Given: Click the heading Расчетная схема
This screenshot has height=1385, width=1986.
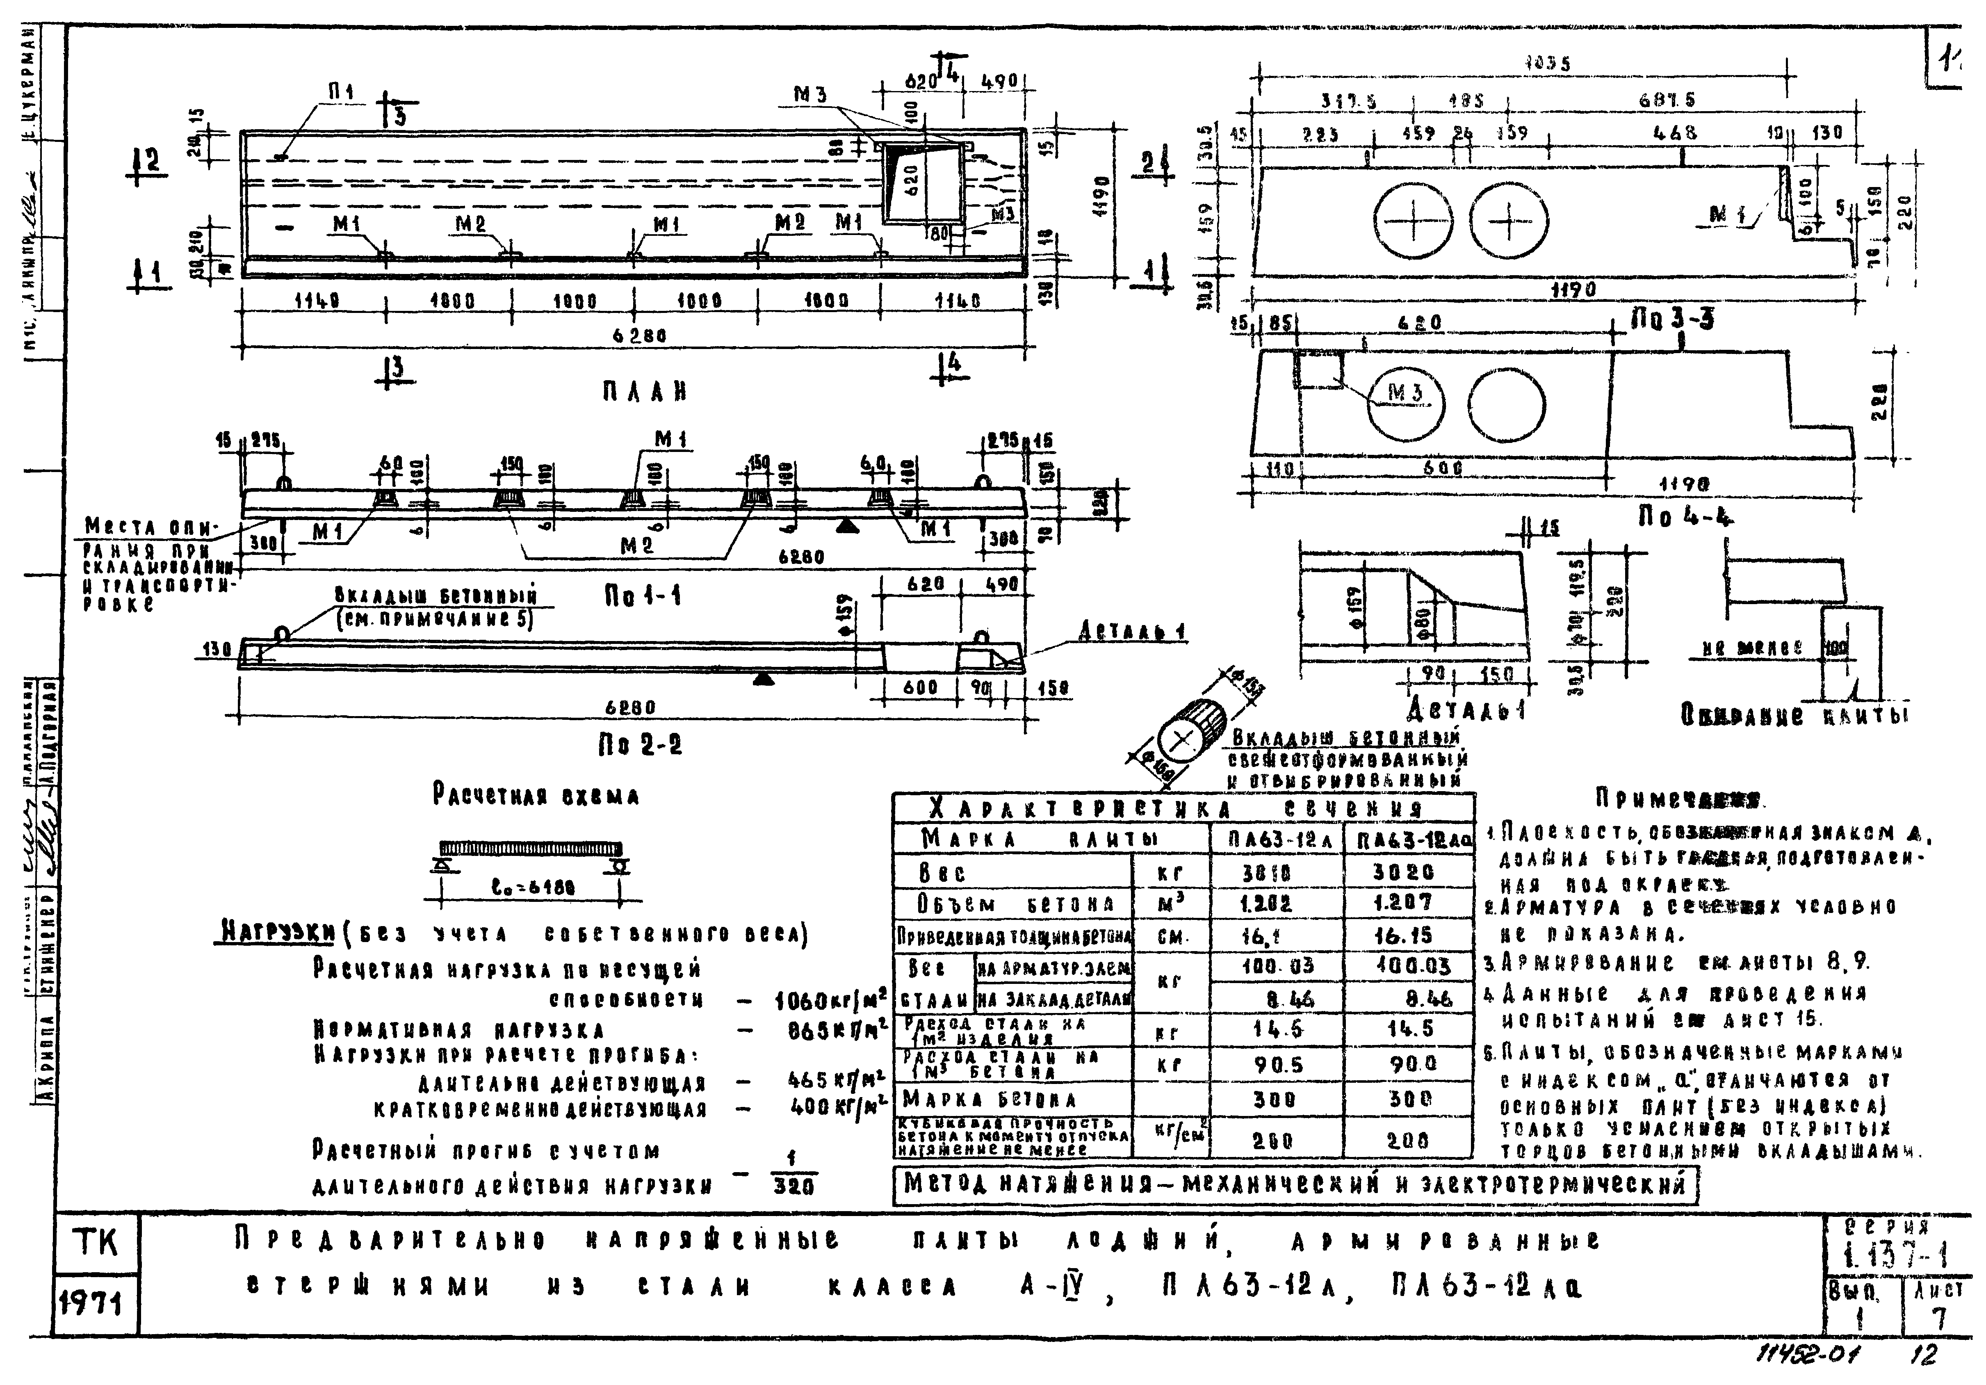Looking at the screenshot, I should click(x=536, y=796).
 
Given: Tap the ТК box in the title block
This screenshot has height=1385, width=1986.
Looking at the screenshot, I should click(x=95, y=1244).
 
